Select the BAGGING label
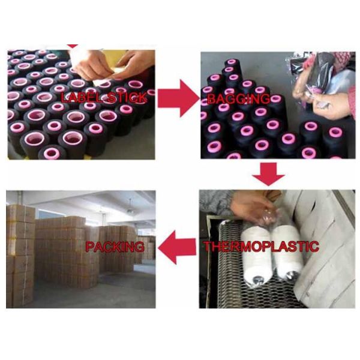click(x=238, y=99)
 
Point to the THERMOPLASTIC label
click(x=261, y=247)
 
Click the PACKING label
click(x=115, y=247)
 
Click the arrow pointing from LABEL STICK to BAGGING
click(x=178, y=98)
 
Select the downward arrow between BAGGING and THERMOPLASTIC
click(x=268, y=174)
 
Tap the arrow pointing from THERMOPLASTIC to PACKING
click(x=177, y=247)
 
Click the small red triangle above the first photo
click(x=73, y=46)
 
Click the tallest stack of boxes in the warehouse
click(x=20, y=256)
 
